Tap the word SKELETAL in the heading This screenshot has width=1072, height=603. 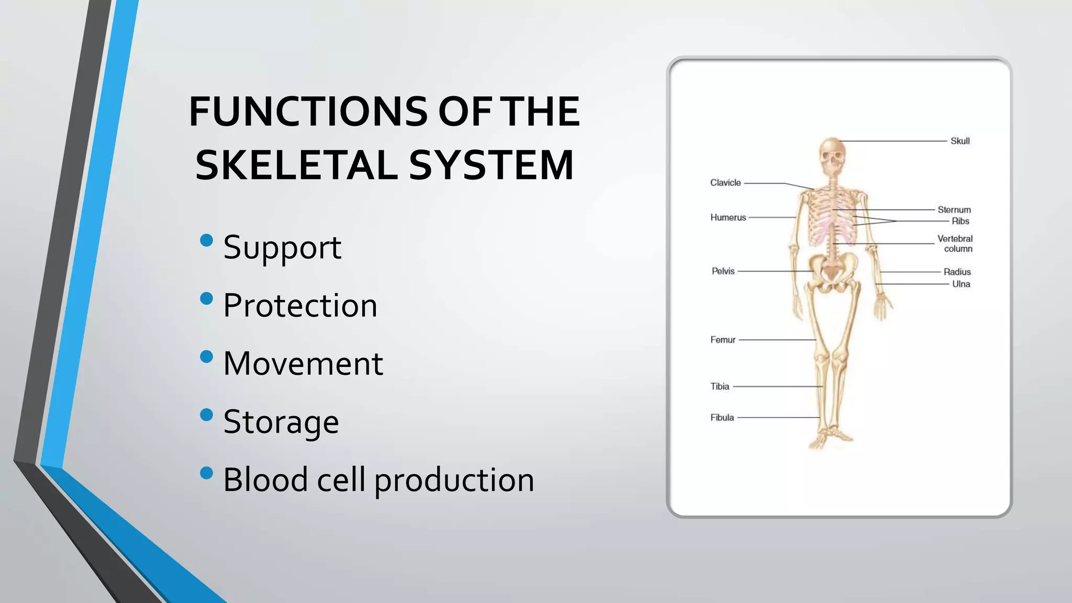pos(296,165)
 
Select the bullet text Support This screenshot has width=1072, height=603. pos(282,247)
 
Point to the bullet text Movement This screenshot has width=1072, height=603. pos(303,363)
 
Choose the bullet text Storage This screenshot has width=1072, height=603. pos(281,421)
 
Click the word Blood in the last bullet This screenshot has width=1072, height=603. pos(265,479)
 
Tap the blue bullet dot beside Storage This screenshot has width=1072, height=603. pos(207,415)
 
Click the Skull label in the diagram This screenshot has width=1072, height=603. pos(960,141)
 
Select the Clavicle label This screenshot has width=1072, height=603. pos(725,183)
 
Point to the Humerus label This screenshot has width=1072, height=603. pos(728,217)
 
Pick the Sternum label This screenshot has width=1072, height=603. pos(954,210)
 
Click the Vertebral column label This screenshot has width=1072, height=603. pos(955,243)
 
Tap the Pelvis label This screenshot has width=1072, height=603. pos(723,271)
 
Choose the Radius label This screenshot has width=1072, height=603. pos(957,272)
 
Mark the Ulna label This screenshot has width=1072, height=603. pos(961,284)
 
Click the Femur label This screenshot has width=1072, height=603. pos(723,340)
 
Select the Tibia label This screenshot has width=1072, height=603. pos(720,386)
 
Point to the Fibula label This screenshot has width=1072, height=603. pos(722,417)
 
